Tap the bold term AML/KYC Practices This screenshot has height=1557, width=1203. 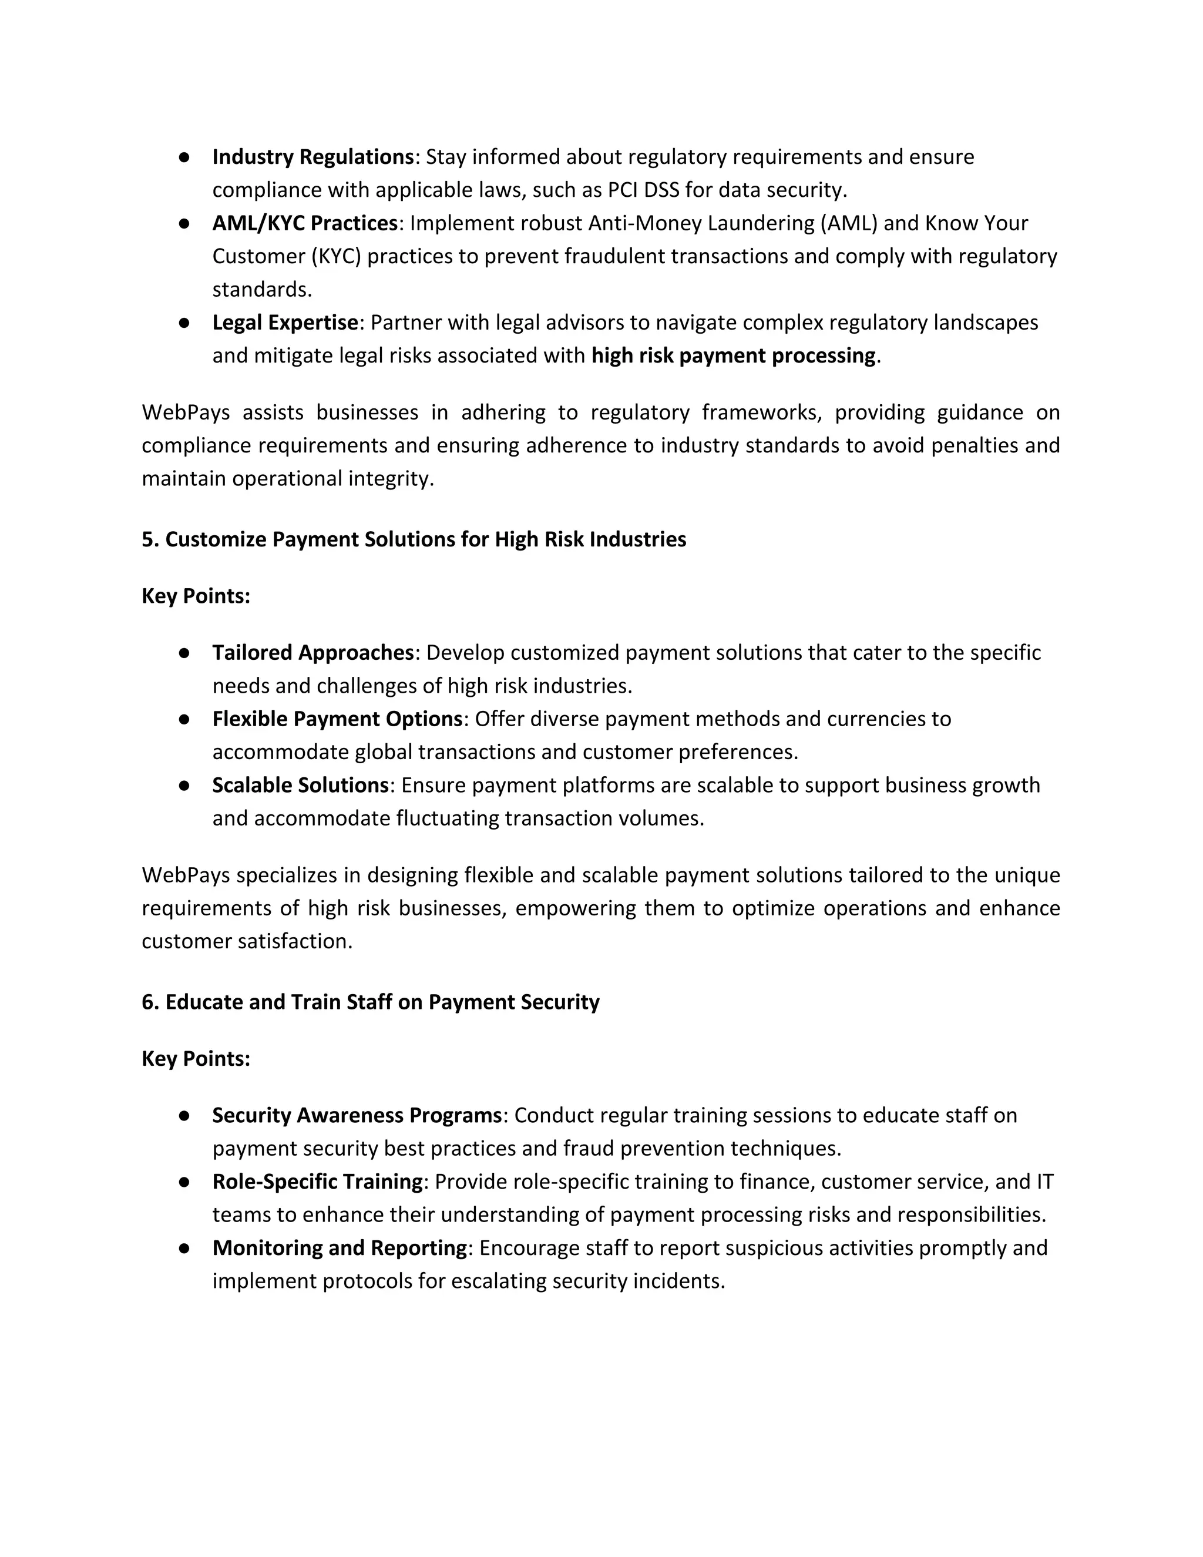click(304, 223)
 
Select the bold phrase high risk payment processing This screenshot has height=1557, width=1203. click(732, 355)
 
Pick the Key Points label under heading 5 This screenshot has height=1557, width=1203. click(196, 596)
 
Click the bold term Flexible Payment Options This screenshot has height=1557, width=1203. click(337, 719)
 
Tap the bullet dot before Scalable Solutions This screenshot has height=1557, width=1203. click(184, 786)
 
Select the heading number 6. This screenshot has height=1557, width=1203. click(147, 1002)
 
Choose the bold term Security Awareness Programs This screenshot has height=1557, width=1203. click(357, 1116)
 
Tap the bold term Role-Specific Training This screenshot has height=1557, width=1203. click(317, 1182)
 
